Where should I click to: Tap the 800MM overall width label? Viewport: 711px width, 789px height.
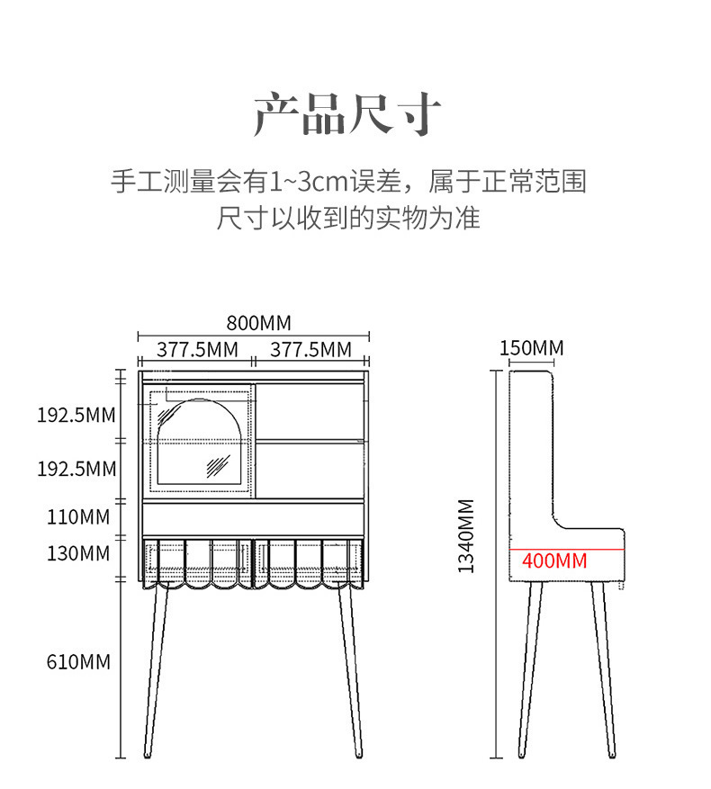[x=259, y=323]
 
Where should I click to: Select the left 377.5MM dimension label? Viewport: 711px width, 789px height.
[x=197, y=349]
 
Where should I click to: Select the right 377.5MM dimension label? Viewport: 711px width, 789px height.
[x=310, y=349]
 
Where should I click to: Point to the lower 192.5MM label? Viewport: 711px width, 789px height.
[x=76, y=469]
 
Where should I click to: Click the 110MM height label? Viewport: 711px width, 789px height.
[x=78, y=517]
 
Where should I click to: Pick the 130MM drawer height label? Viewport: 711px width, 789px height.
[x=78, y=553]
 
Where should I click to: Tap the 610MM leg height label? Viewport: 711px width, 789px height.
[x=78, y=662]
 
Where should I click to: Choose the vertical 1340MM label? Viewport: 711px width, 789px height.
[x=466, y=536]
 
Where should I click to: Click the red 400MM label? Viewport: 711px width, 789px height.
[x=554, y=561]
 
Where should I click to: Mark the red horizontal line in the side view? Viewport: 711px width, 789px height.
[x=567, y=548]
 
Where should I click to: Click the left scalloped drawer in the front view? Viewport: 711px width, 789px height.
[x=197, y=562]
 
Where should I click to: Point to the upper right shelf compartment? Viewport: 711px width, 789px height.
[x=310, y=412]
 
